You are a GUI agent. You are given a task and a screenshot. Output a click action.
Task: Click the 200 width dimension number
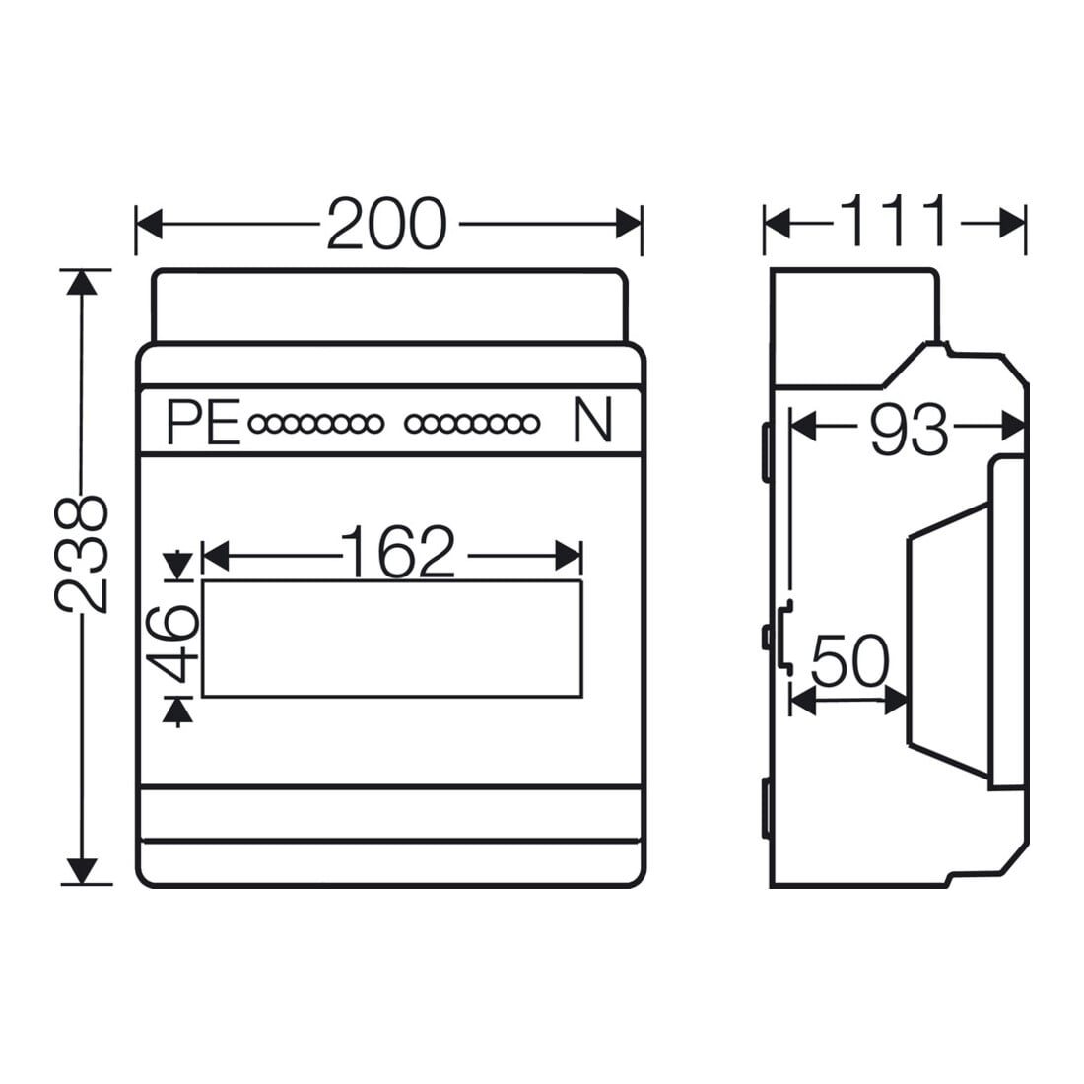coord(386,224)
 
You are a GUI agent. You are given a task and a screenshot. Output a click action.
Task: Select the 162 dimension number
coord(399,552)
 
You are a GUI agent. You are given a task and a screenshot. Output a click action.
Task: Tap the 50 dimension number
coord(849,661)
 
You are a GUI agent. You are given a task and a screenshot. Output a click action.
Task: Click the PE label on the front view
coord(203,422)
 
